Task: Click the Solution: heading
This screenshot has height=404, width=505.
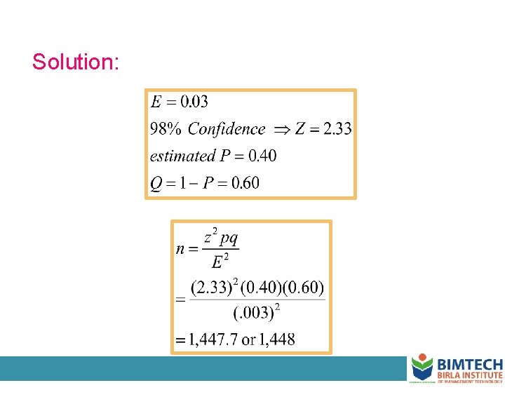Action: pos(76,62)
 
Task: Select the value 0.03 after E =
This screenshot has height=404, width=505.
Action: pos(194,102)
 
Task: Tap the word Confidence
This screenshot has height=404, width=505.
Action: pos(227,129)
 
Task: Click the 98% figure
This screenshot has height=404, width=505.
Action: pos(167,129)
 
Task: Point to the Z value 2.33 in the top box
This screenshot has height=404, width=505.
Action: pos(337,129)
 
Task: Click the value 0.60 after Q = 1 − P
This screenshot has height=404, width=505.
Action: pos(245,183)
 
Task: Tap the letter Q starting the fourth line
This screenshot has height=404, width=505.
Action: pos(157,184)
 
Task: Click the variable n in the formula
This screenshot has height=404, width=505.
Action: pos(181,249)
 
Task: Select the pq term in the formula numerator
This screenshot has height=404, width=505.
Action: pos(230,237)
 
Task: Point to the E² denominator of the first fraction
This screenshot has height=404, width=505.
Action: pos(221,262)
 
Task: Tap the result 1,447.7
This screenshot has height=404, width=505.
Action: pos(211,340)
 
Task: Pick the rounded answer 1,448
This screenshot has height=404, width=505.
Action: pos(276,340)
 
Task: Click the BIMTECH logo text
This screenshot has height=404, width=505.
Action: pos(469,365)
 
